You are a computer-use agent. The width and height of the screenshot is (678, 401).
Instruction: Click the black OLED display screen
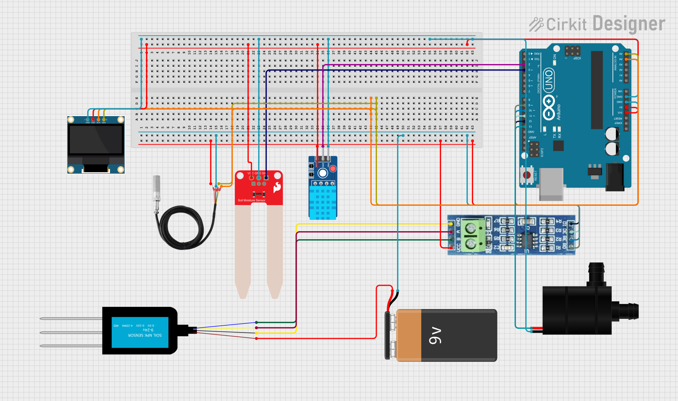coord(96,139)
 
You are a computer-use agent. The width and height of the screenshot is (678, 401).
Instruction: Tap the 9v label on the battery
coord(435,336)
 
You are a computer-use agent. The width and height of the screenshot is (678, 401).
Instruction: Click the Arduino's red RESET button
coord(527,175)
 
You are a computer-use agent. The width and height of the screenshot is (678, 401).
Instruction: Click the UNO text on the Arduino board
coord(549,81)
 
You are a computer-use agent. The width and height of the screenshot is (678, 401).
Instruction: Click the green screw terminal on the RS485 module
coord(471,236)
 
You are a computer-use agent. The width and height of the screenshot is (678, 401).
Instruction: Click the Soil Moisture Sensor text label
coord(251,200)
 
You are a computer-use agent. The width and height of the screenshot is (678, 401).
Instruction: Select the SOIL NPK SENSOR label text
coord(145,335)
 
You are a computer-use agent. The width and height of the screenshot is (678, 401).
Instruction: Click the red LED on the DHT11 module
coord(333,168)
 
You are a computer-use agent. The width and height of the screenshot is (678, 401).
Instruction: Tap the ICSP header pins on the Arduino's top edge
coord(572,51)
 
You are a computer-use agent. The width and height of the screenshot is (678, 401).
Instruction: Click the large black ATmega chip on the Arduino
coord(597,90)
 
